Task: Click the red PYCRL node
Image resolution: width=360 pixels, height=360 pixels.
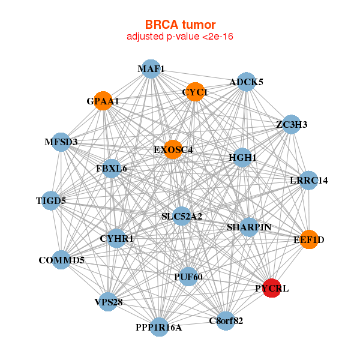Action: [x=272, y=288]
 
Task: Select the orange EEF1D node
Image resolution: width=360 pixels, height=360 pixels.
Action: [x=308, y=239]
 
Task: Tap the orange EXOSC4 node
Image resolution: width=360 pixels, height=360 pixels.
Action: [x=173, y=149]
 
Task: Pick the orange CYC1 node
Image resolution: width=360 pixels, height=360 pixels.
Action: [x=194, y=92]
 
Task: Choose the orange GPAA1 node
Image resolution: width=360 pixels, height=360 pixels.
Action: [x=103, y=101]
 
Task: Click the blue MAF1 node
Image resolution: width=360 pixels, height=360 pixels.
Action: [x=151, y=69]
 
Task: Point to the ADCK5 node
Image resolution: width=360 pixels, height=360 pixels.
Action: [x=246, y=82]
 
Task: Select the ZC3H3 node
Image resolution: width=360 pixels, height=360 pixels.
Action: [x=291, y=124]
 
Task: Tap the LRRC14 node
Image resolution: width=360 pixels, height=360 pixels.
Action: [x=308, y=180]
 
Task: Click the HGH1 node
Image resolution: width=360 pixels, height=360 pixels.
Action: [x=242, y=157]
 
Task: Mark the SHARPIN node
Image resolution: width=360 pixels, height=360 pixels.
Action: [x=249, y=227]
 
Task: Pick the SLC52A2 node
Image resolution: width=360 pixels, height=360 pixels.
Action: [x=182, y=216]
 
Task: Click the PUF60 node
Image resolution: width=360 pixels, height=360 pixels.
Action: [x=188, y=277]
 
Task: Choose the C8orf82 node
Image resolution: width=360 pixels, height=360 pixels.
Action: [x=226, y=320]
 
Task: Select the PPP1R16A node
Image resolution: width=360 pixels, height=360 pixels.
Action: [x=158, y=327]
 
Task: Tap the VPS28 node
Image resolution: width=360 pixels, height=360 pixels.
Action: [x=108, y=302]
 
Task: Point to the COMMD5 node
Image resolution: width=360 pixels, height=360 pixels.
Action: [x=61, y=260]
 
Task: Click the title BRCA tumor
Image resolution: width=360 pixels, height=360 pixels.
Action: [x=180, y=25]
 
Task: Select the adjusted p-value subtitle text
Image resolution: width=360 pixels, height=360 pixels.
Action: [x=180, y=37]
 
